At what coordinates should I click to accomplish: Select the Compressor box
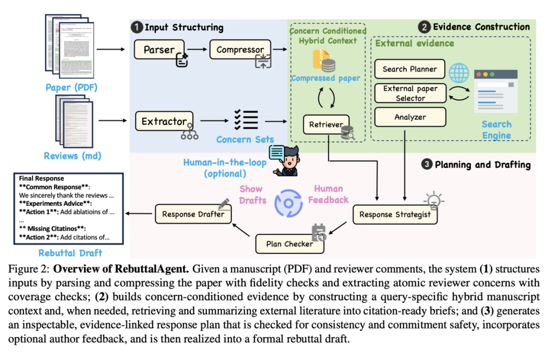pos(240,50)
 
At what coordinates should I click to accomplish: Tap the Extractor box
pos(164,122)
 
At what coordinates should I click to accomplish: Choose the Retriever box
pos(326,125)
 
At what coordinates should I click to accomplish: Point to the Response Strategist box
pos(395,214)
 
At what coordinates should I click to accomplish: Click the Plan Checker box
pos(289,244)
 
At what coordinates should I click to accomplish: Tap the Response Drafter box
pos(193,214)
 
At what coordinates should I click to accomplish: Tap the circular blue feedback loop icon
pos(288,202)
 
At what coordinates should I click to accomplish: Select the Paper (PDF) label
pos(72,87)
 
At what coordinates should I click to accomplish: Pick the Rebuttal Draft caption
pos(71,253)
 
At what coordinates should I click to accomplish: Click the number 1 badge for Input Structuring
pos(136,27)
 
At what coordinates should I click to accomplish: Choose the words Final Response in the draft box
pos(42,178)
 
